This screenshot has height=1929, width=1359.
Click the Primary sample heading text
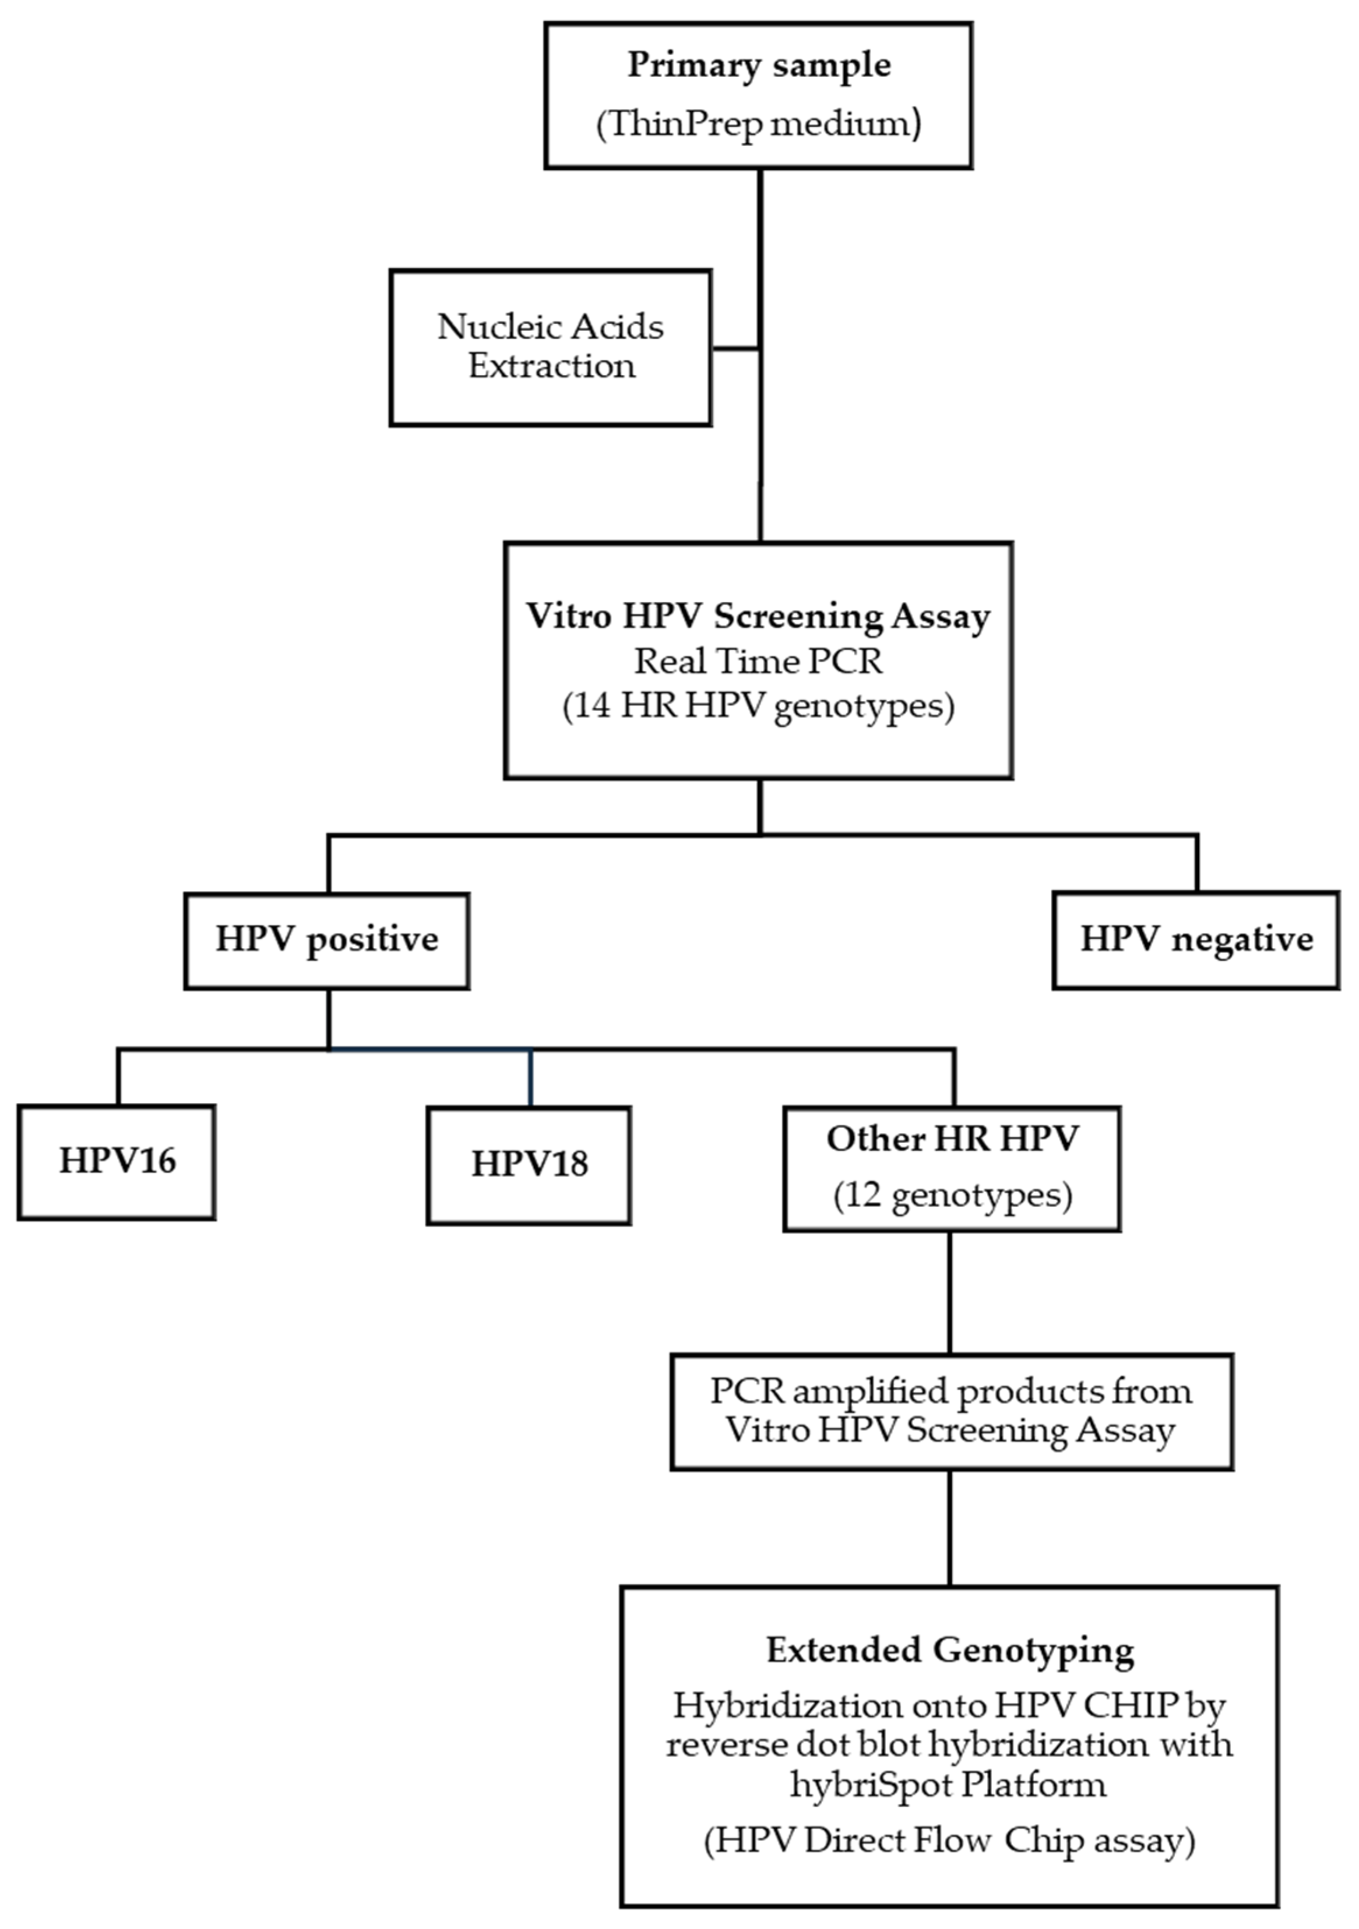pos(759,66)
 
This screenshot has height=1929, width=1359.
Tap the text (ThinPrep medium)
pos(759,124)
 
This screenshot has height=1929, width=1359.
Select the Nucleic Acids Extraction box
pos(551,347)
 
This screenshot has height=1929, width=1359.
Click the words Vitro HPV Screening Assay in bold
pos(758,616)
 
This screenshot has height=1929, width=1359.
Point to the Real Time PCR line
pos(758,661)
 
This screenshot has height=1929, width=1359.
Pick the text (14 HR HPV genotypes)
pos(758,706)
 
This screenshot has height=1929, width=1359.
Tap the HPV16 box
pos(117,1162)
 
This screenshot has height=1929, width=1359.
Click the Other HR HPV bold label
pos(952,1139)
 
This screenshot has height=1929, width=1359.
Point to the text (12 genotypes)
pos(952,1196)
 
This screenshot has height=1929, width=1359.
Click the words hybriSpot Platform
pos(948,1783)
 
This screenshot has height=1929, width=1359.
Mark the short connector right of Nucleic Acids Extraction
pos(736,348)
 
